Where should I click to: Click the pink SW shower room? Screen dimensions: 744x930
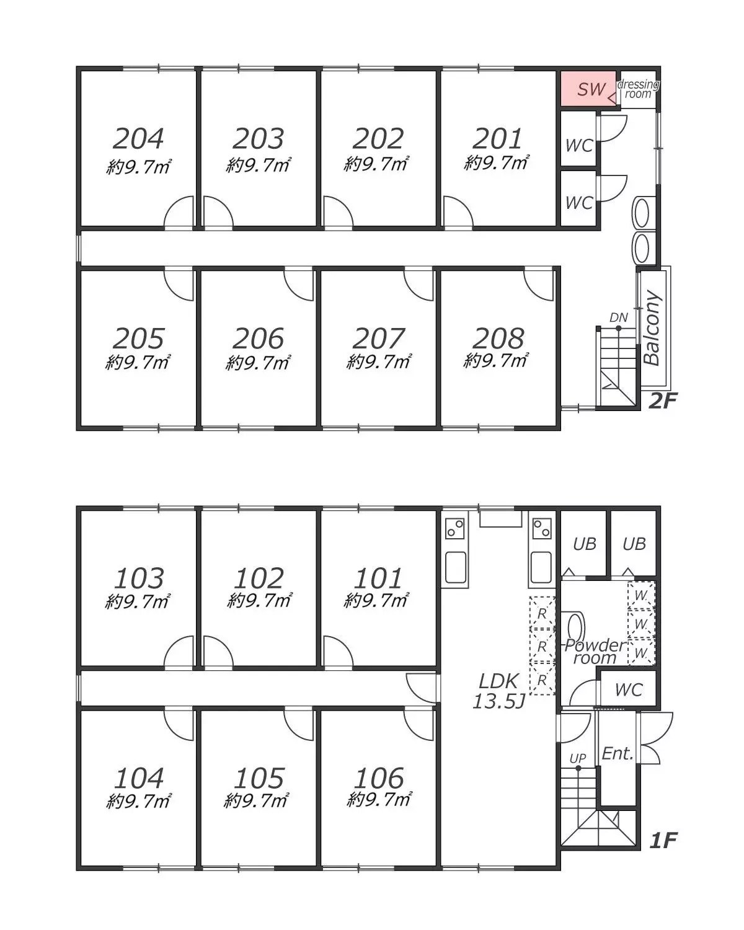pos(588,89)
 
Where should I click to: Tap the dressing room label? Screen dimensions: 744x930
pos(637,89)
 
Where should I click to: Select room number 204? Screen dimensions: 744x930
pos(138,139)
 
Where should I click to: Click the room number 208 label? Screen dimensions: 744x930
pos(498,339)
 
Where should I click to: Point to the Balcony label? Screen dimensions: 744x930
pos(653,328)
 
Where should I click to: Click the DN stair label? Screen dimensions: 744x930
pos(619,317)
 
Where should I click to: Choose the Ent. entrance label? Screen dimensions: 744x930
pos(618,754)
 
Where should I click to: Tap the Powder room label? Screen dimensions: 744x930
pos(595,652)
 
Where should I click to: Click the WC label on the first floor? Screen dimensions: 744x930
pos(629,690)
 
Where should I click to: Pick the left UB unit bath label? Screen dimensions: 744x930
pos(585,544)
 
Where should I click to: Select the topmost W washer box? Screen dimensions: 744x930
pos(642,595)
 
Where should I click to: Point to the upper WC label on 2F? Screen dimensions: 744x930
pos(579,146)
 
